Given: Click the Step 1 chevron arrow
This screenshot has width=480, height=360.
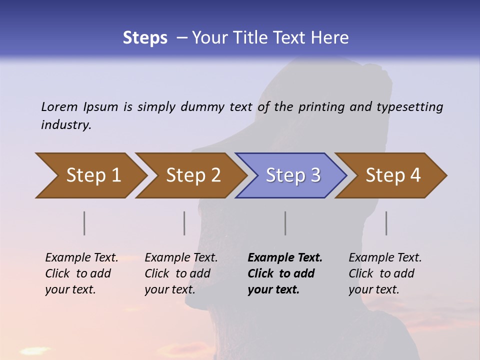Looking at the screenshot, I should (x=93, y=175).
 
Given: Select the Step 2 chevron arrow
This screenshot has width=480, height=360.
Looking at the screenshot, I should (x=193, y=175).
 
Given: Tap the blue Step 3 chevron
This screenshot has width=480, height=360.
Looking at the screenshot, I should (x=293, y=175).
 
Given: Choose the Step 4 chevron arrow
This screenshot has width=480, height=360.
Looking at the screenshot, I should (x=393, y=175).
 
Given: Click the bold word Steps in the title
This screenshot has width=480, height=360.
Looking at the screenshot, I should (x=145, y=37).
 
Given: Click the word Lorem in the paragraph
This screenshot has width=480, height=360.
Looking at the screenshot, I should (x=59, y=106).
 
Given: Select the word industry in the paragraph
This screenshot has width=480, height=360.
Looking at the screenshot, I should (x=65, y=125).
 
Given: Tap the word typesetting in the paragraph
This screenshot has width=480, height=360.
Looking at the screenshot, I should (x=409, y=107).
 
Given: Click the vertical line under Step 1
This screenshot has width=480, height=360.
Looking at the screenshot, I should (x=84, y=223).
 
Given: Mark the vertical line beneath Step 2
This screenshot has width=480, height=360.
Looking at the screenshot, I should (x=184, y=223).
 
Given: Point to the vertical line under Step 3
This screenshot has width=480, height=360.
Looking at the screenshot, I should (x=285, y=223).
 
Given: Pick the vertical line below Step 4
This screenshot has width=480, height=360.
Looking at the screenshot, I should (x=386, y=223).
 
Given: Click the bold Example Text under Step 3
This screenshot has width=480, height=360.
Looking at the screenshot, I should (x=285, y=257).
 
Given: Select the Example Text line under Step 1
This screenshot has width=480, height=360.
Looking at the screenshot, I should (x=82, y=257).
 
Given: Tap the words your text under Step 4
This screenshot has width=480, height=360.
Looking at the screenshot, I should (x=373, y=289).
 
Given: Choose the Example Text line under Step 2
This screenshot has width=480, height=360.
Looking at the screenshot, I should (x=181, y=257).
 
